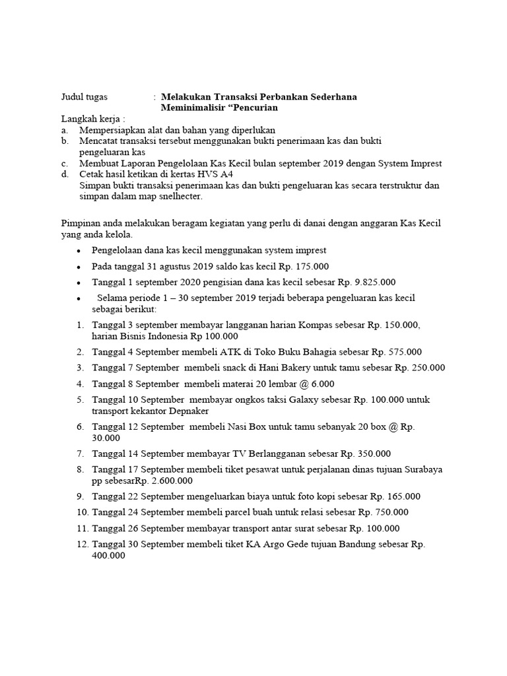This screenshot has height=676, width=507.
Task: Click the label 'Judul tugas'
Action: click(x=84, y=96)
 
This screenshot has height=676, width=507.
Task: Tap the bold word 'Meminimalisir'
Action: click(x=192, y=107)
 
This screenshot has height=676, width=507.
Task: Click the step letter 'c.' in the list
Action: click(x=65, y=163)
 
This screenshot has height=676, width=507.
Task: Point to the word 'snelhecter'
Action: click(x=179, y=197)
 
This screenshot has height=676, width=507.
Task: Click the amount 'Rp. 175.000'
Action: click(x=304, y=266)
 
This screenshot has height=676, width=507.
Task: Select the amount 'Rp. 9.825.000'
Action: click(x=366, y=282)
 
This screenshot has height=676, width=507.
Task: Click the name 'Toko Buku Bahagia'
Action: click(x=308, y=352)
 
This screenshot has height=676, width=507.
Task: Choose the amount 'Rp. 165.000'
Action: click(x=395, y=496)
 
